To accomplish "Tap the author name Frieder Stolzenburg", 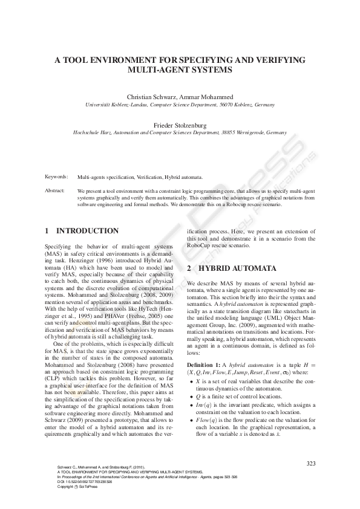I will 180,125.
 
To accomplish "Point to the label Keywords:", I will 56,177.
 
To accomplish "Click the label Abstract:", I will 55,190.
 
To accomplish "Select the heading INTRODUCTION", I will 87,231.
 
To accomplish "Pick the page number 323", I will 312,463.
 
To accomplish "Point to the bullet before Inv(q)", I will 191,387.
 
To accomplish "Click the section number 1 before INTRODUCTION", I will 47,231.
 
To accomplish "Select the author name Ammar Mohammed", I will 203,97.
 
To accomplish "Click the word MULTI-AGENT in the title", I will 153,70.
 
